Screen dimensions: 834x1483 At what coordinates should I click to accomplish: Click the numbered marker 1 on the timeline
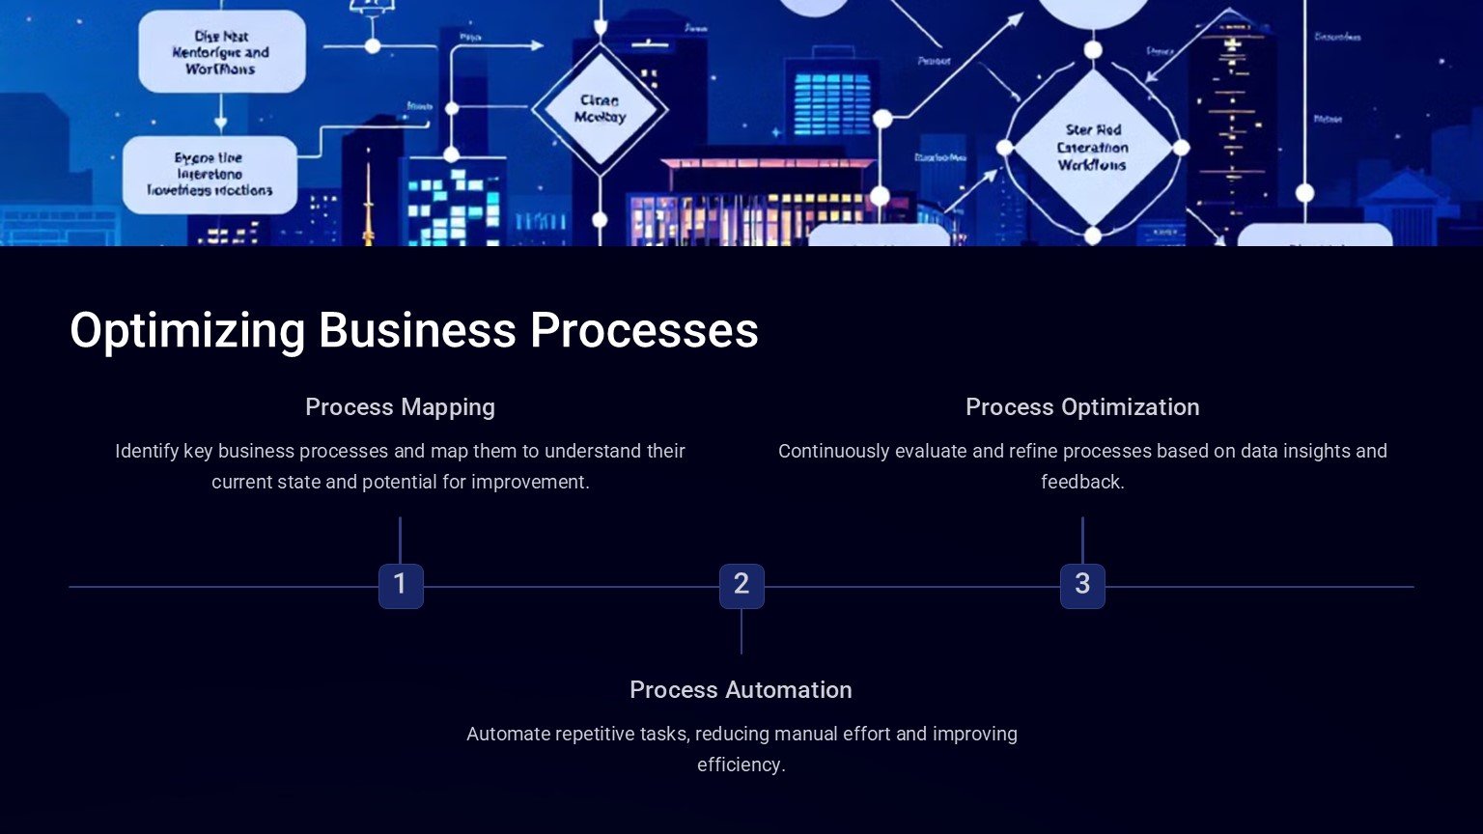[x=401, y=585]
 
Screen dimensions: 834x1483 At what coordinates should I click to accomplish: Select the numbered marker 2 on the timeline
[x=741, y=585]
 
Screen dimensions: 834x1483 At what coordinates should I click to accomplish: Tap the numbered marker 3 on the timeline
[x=1082, y=585]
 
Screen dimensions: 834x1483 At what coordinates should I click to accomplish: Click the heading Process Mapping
[x=400, y=407]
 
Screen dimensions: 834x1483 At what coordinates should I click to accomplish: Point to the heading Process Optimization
[x=1082, y=407]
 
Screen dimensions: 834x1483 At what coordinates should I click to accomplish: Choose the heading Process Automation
[x=741, y=690]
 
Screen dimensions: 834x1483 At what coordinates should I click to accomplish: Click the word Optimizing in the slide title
[x=187, y=331]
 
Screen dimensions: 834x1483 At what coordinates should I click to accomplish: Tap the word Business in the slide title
[x=417, y=331]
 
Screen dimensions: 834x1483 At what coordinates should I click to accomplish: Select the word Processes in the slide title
[x=644, y=331]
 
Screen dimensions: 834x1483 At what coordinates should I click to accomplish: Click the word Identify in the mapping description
[x=147, y=452]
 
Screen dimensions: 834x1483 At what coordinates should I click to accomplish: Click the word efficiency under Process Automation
[x=741, y=765]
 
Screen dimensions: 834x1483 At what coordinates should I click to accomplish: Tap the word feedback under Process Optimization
[x=1082, y=483]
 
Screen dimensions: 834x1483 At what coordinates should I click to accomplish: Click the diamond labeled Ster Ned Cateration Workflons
[x=1092, y=148]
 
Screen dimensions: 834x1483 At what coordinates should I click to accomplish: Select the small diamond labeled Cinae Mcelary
[x=600, y=109]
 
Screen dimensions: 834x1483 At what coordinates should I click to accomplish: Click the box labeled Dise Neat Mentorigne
[x=221, y=52]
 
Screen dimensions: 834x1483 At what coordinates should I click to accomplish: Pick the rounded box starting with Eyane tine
[x=210, y=175]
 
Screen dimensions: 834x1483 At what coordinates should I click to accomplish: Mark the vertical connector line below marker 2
[x=741, y=631]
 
